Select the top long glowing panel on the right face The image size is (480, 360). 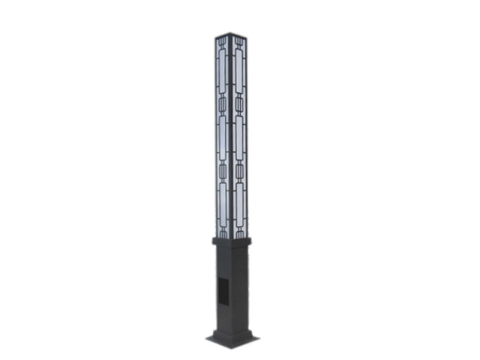240,71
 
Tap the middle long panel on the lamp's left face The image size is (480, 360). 223,135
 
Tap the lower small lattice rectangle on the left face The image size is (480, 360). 223,171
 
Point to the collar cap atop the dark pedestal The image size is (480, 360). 232,241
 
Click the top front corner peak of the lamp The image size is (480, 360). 232,33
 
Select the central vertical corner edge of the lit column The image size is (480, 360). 232,135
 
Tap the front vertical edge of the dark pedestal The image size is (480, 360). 232,292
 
